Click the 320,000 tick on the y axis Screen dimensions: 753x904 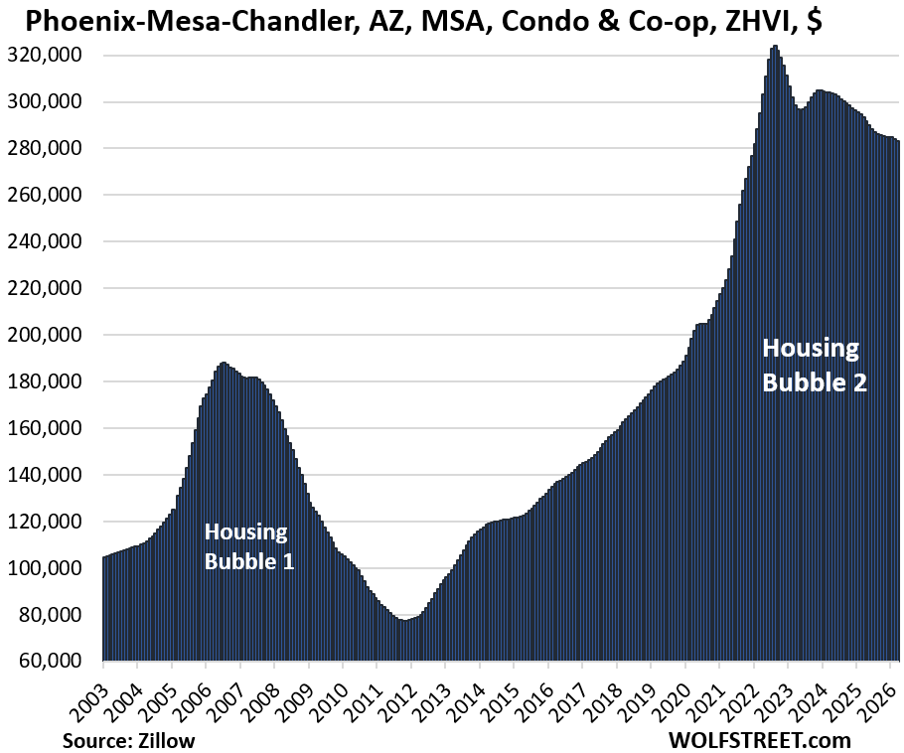[49, 55]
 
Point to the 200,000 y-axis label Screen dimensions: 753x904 [49, 335]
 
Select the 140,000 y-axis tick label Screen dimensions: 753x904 [49, 475]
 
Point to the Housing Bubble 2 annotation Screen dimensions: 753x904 [815, 365]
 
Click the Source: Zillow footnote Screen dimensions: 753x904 [129, 740]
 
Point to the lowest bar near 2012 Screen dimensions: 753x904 [403, 622]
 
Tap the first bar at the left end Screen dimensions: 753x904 [104, 559]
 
